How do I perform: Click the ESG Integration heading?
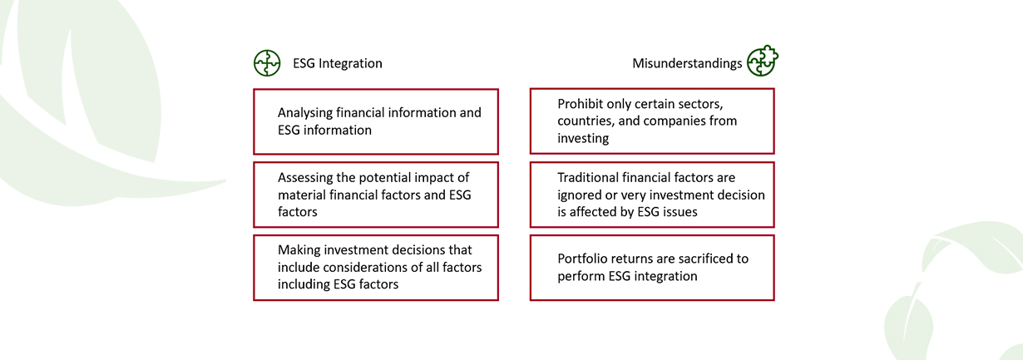[338, 63]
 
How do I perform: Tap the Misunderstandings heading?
[687, 63]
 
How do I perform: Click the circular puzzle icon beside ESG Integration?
[267, 63]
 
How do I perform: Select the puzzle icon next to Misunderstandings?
[763, 61]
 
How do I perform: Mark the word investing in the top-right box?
[583, 139]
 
